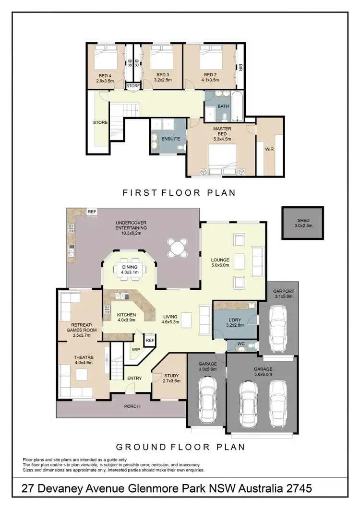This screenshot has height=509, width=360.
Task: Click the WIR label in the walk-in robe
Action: [x=269, y=149]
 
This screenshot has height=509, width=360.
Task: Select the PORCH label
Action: [x=132, y=406]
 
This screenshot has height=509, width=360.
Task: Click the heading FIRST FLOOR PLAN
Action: [x=179, y=193]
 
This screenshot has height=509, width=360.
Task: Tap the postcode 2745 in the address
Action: [x=298, y=489]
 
